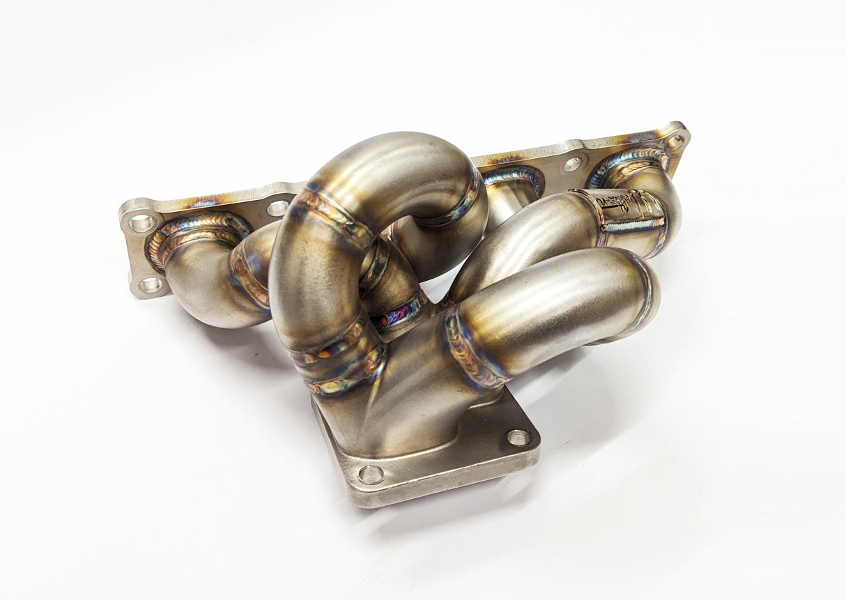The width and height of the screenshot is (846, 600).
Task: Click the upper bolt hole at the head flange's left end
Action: (142, 223)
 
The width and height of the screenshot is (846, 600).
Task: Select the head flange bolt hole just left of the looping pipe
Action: (277, 208)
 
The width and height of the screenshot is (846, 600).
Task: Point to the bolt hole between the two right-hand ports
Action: (573, 163)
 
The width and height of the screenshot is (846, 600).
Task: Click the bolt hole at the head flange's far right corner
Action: (675, 142)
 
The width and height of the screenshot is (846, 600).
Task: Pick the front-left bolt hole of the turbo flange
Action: (371, 475)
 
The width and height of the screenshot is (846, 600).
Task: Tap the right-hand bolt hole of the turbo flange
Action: (518, 438)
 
